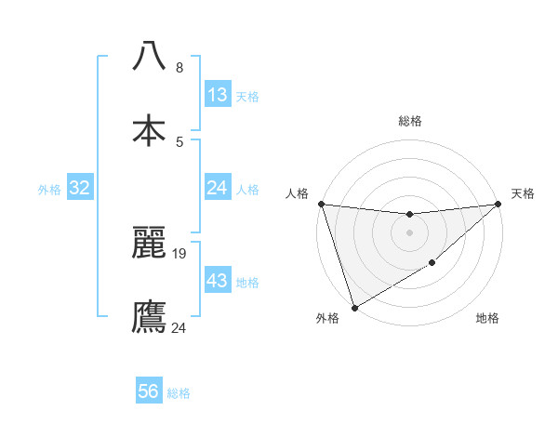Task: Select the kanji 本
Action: tap(149, 130)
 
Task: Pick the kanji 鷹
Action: tap(149, 316)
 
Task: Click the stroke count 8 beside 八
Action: tap(179, 68)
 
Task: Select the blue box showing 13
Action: tap(218, 95)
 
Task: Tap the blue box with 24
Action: tap(218, 188)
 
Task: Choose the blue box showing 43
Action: tap(218, 281)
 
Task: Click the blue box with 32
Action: tap(80, 188)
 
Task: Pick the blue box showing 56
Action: tap(149, 391)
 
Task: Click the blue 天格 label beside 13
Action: tap(247, 96)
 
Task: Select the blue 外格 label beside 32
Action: tap(49, 189)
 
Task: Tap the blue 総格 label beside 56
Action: tap(179, 392)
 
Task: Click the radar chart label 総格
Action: tap(409, 121)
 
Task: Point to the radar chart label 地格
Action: tap(487, 319)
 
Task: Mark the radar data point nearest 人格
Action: tap(321, 204)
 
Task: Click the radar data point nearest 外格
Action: tap(353, 307)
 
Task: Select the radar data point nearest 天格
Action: tap(498, 204)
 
